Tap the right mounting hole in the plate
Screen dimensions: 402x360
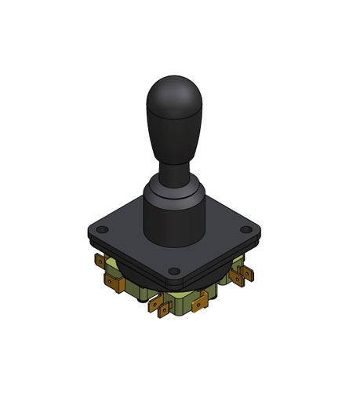click(x=245, y=230)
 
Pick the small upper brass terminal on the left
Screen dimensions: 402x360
click(x=100, y=260)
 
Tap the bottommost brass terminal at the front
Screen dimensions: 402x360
click(x=164, y=309)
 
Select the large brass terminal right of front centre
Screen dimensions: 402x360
click(x=202, y=301)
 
